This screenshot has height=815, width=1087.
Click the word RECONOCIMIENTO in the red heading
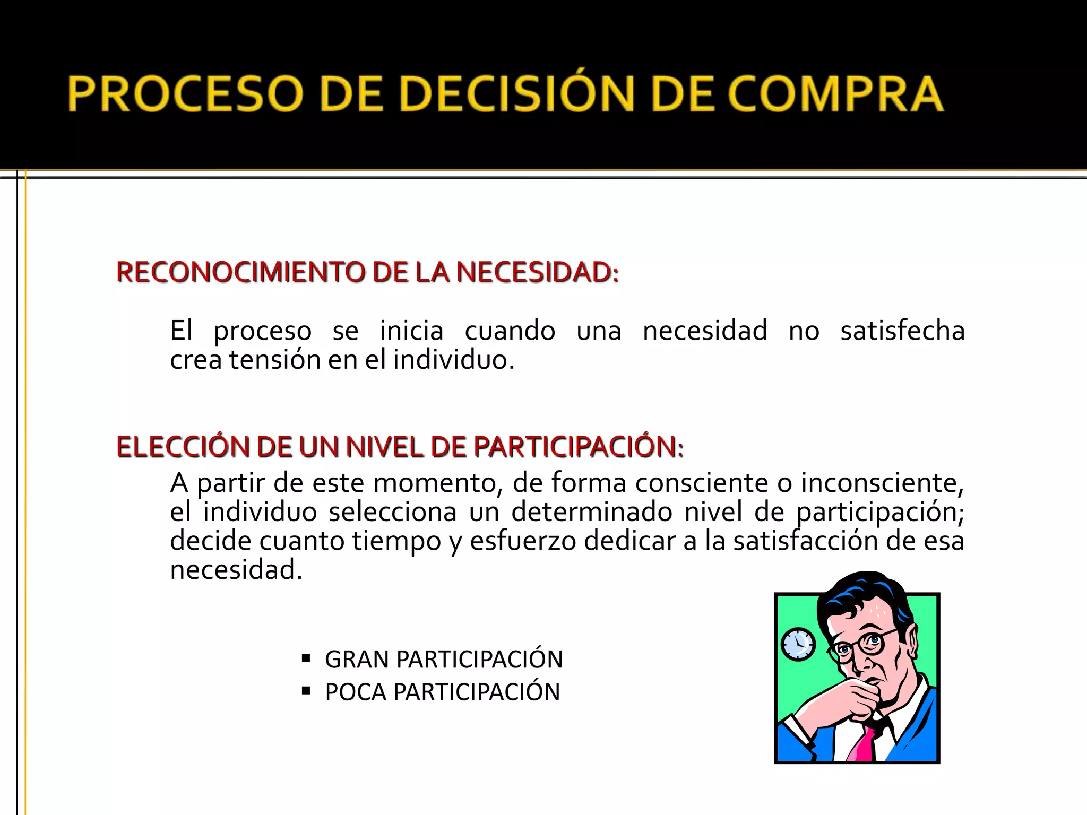pyautogui.click(x=241, y=272)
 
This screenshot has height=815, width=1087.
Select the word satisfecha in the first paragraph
pyautogui.click(x=902, y=331)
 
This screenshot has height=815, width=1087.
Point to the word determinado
pyautogui.click(x=592, y=512)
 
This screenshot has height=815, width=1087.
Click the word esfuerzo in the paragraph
pyautogui.click(x=523, y=541)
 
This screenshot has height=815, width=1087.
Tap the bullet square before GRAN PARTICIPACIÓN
pyautogui.click(x=306, y=658)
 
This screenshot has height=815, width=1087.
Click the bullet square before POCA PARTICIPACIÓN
pyautogui.click(x=306, y=691)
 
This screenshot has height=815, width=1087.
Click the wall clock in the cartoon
pyautogui.click(x=798, y=645)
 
